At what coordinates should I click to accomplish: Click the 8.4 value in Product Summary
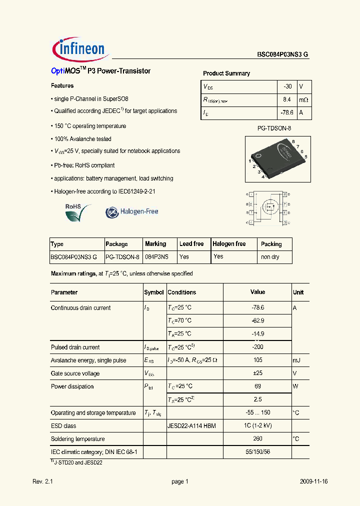287,100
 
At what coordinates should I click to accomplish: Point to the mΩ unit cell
303,100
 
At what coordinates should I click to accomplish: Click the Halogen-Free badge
132,212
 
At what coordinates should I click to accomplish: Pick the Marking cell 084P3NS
156,257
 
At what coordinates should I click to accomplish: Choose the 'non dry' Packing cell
270,257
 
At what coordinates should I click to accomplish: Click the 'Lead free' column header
191,244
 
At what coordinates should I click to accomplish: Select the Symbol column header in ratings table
154,292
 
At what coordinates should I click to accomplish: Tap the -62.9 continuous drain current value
257,320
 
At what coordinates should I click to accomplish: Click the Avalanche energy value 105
257,360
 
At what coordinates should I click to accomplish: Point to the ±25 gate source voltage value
257,373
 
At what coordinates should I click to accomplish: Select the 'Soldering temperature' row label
78,439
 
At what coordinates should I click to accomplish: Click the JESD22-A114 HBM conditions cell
191,426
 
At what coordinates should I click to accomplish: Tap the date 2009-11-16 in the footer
314,481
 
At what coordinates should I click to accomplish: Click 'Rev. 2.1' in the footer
42,481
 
